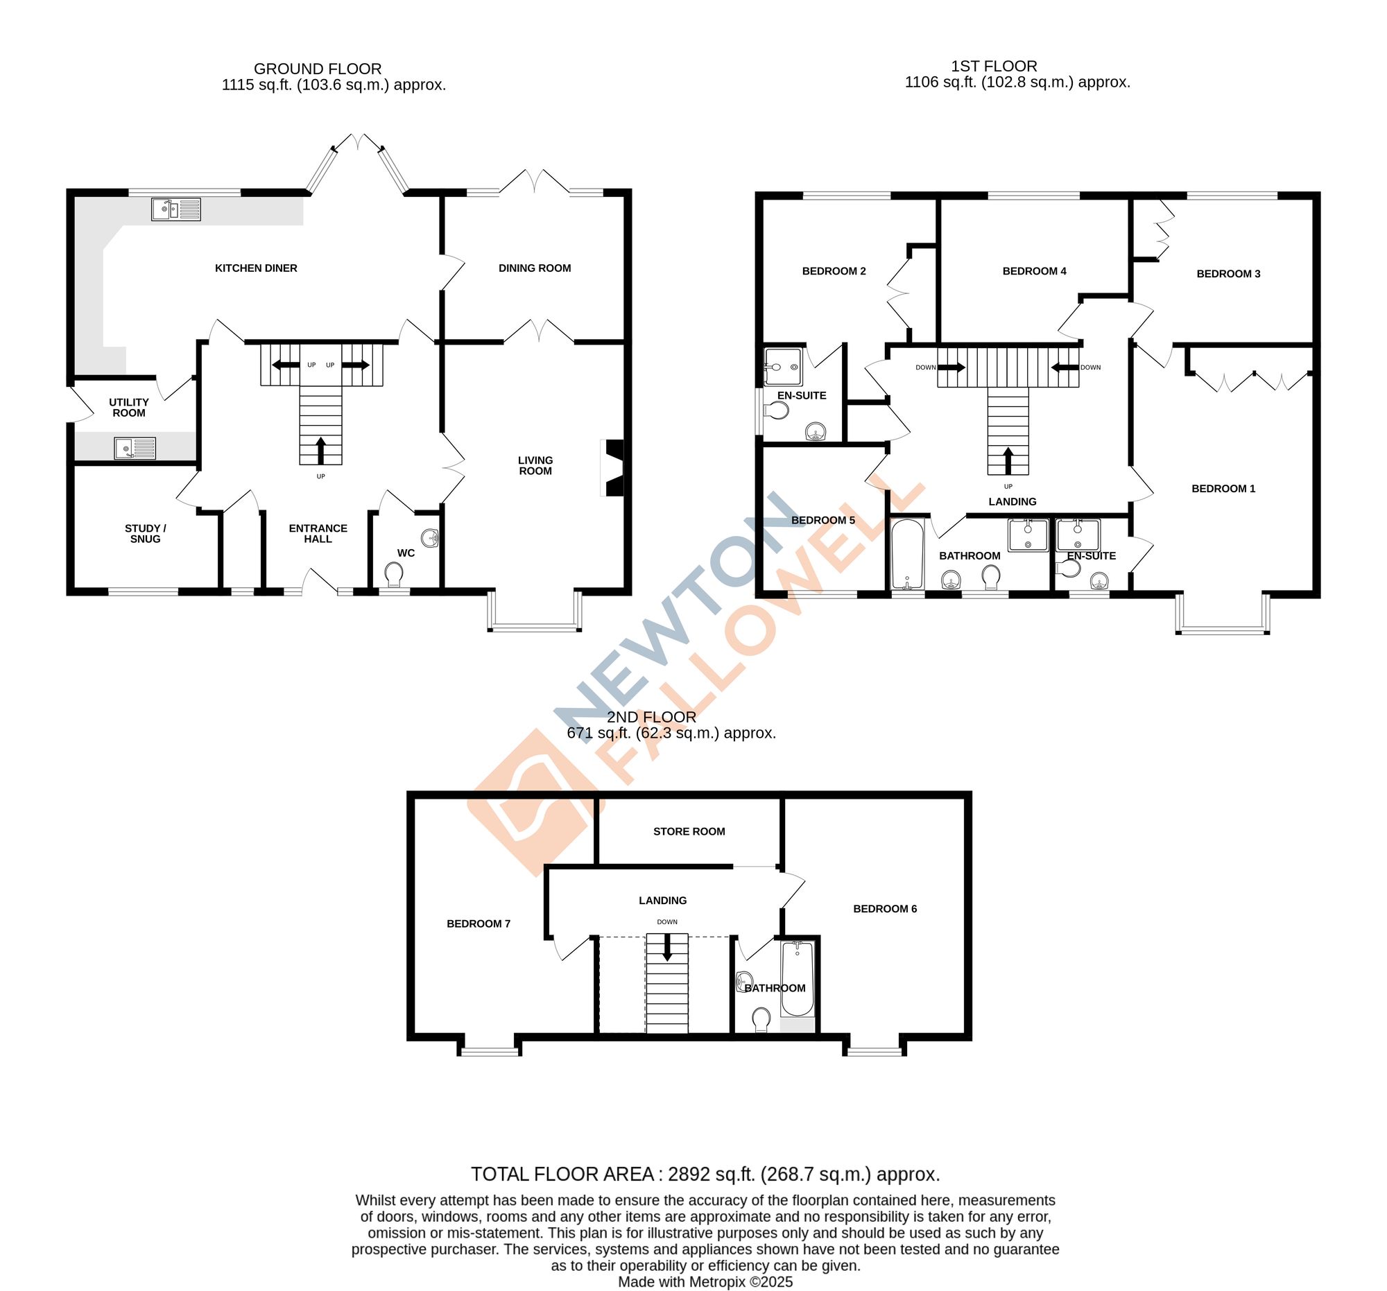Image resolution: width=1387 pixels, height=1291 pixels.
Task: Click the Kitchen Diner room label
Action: pyautogui.click(x=255, y=268)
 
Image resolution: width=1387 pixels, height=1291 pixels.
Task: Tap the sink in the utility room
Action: pyautogui.click(x=135, y=448)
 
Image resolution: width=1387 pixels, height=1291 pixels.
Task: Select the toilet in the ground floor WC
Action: pyautogui.click(x=394, y=575)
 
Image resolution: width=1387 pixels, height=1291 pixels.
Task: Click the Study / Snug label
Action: pyautogui.click(x=145, y=534)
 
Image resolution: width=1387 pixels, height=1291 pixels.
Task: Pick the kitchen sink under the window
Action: pyautogui.click(x=176, y=209)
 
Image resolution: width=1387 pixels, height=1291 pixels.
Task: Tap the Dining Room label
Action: pyautogui.click(x=535, y=268)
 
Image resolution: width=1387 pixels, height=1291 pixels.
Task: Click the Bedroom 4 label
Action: pyautogui.click(x=1034, y=271)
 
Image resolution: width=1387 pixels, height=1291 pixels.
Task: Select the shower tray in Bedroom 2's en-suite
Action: pyautogui.click(x=783, y=367)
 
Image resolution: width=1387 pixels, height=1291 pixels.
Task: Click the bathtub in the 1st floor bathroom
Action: pyautogui.click(x=907, y=555)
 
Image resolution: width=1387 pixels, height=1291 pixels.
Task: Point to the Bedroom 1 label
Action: pyautogui.click(x=1223, y=489)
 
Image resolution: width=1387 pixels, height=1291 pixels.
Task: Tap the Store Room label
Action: pyautogui.click(x=689, y=831)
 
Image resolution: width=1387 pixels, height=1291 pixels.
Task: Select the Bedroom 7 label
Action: pyautogui.click(x=479, y=924)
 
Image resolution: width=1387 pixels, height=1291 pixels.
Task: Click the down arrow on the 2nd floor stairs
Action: pyautogui.click(x=667, y=948)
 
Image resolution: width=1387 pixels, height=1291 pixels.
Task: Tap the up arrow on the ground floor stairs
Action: pyautogui.click(x=321, y=450)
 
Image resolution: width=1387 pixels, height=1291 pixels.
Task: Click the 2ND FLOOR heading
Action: pyautogui.click(x=651, y=717)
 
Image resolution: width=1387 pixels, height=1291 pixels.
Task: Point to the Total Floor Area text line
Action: pyautogui.click(x=705, y=1175)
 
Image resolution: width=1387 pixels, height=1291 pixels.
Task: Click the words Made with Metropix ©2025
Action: pyautogui.click(x=705, y=1282)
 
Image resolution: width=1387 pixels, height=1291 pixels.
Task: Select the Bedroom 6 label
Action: pyautogui.click(x=885, y=909)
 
